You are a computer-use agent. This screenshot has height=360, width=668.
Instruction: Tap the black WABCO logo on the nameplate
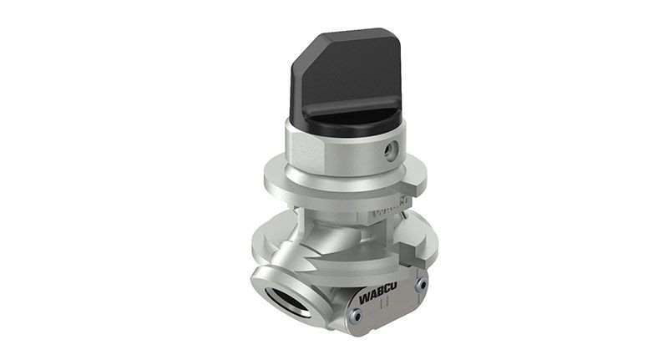pos(378,293)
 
